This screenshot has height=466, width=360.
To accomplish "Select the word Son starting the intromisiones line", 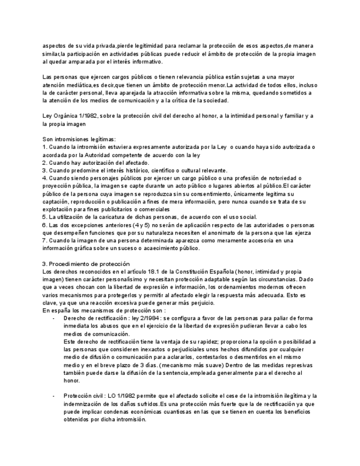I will pyautogui.click(x=48, y=140).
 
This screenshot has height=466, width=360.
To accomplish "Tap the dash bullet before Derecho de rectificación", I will pyautogui.click(x=53, y=318).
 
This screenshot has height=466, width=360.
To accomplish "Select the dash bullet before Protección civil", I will pyautogui.click(x=53, y=396).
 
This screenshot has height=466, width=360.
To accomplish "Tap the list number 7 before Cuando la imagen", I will pyautogui.click(x=45, y=240).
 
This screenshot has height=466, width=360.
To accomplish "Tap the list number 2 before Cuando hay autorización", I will pyautogui.click(x=45, y=163).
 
